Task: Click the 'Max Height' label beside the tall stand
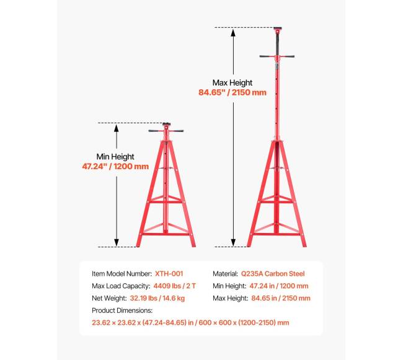[x=232, y=82]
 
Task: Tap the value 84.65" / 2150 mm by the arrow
[x=232, y=92]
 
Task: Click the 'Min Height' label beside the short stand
[x=115, y=157]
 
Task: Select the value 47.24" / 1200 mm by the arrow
[x=115, y=167]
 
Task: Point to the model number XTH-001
[x=169, y=274]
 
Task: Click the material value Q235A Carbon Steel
[x=273, y=274]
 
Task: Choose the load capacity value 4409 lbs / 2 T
[x=174, y=286]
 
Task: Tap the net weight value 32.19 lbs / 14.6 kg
[x=157, y=299]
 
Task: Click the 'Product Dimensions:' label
[x=122, y=310]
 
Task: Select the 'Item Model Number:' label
[x=122, y=274]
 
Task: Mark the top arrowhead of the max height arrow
[x=233, y=32]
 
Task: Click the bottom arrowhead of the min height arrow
[x=117, y=242]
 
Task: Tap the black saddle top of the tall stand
[x=278, y=29]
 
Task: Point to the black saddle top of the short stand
[x=166, y=124]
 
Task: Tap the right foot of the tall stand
[x=304, y=245]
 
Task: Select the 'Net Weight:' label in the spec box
[x=109, y=299]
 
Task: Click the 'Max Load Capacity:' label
[x=121, y=286]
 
